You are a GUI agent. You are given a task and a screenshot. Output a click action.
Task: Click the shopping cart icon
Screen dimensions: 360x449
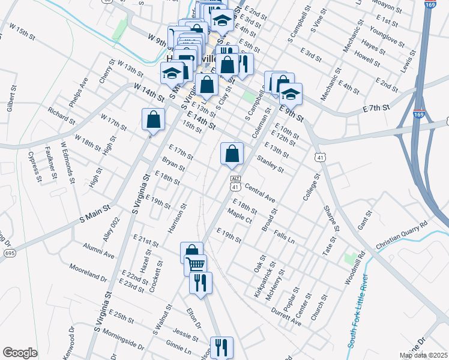196,263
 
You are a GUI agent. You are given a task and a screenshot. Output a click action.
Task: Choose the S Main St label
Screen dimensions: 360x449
95,214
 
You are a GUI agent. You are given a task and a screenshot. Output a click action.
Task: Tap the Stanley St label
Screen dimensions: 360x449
270,164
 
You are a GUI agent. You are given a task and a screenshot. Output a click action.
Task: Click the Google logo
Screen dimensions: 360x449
20,353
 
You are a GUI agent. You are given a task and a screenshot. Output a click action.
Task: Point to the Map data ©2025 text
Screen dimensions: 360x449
422,355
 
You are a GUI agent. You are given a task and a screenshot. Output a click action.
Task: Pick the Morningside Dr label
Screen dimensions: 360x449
122,340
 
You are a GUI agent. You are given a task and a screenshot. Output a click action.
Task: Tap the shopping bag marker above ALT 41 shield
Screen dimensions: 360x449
232,154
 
